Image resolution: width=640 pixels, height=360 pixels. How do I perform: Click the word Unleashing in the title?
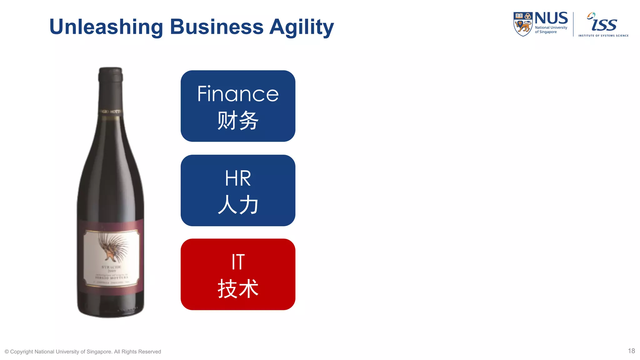point(106,27)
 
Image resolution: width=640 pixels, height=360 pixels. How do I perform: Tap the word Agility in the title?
point(301,27)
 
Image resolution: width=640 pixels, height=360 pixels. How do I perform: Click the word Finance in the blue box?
point(238,94)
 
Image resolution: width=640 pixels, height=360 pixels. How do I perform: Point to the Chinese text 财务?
point(238,120)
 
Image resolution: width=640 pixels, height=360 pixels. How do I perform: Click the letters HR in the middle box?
point(238,178)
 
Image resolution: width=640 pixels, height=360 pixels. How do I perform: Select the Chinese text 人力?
point(238,205)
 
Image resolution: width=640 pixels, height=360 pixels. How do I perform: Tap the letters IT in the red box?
point(238,262)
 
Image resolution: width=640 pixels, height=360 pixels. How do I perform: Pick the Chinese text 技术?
point(238,288)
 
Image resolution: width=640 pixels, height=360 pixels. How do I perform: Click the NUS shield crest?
point(523,24)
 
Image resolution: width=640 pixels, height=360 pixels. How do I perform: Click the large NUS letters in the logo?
point(551,18)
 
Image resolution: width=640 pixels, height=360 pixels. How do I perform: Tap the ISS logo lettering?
point(603,23)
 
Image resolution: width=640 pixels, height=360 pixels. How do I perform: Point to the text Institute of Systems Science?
point(603,36)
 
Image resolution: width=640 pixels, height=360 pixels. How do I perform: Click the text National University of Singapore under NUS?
point(551,30)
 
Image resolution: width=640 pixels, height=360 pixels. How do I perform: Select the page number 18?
point(631,351)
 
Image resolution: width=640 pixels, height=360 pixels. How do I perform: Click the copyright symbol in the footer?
point(7,352)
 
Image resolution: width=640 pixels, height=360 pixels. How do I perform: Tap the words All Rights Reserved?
point(137,352)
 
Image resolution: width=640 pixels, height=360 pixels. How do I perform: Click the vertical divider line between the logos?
point(573,24)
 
